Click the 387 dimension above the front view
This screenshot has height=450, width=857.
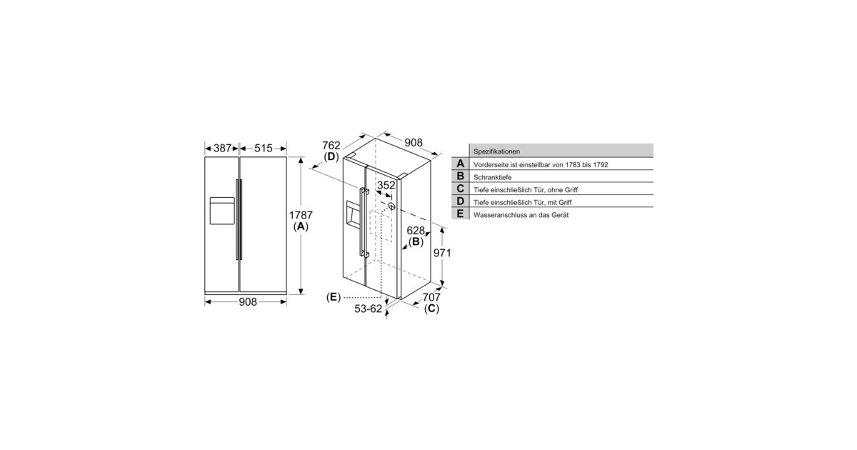pyautogui.click(x=222, y=148)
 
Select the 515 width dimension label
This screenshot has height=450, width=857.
pyautogui.click(x=264, y=148)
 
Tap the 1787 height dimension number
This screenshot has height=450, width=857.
pyautogui.click(x=301, y=215)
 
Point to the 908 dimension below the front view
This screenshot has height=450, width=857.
pyautogui.click(x=248, y=302)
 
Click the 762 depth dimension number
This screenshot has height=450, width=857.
pyautogui.click(x=331, y=146)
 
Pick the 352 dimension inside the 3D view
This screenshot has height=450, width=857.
pyautogui.click(x=386, y=185)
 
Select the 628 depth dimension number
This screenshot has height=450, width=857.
pyautogui.click(x=416, y=230)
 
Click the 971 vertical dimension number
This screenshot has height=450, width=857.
pyautogui.click(x=442, y=253)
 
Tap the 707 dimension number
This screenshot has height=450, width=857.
pyautogui.click(x=431, y=297)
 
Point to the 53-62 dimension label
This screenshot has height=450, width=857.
pyautogui.click(x=368, y=309)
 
